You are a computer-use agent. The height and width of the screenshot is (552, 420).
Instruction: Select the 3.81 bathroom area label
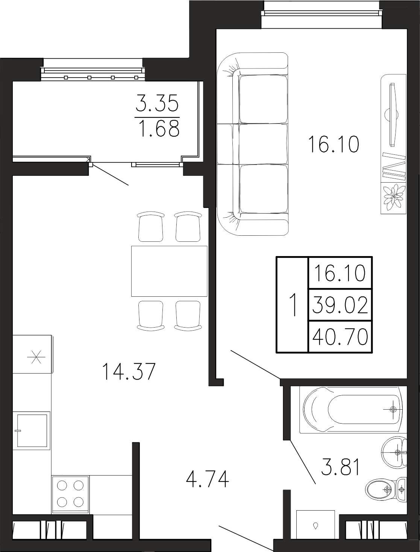point(341,467)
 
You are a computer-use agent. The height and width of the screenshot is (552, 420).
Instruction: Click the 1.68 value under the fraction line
point(160,128)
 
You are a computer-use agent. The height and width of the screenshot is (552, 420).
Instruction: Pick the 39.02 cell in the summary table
point(340,305)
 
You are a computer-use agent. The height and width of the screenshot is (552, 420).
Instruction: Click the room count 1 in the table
point(293,305)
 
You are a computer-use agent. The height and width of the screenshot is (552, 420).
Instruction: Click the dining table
point(169,271)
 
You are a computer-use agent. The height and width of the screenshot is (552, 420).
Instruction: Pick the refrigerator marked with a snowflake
point(33,354)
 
